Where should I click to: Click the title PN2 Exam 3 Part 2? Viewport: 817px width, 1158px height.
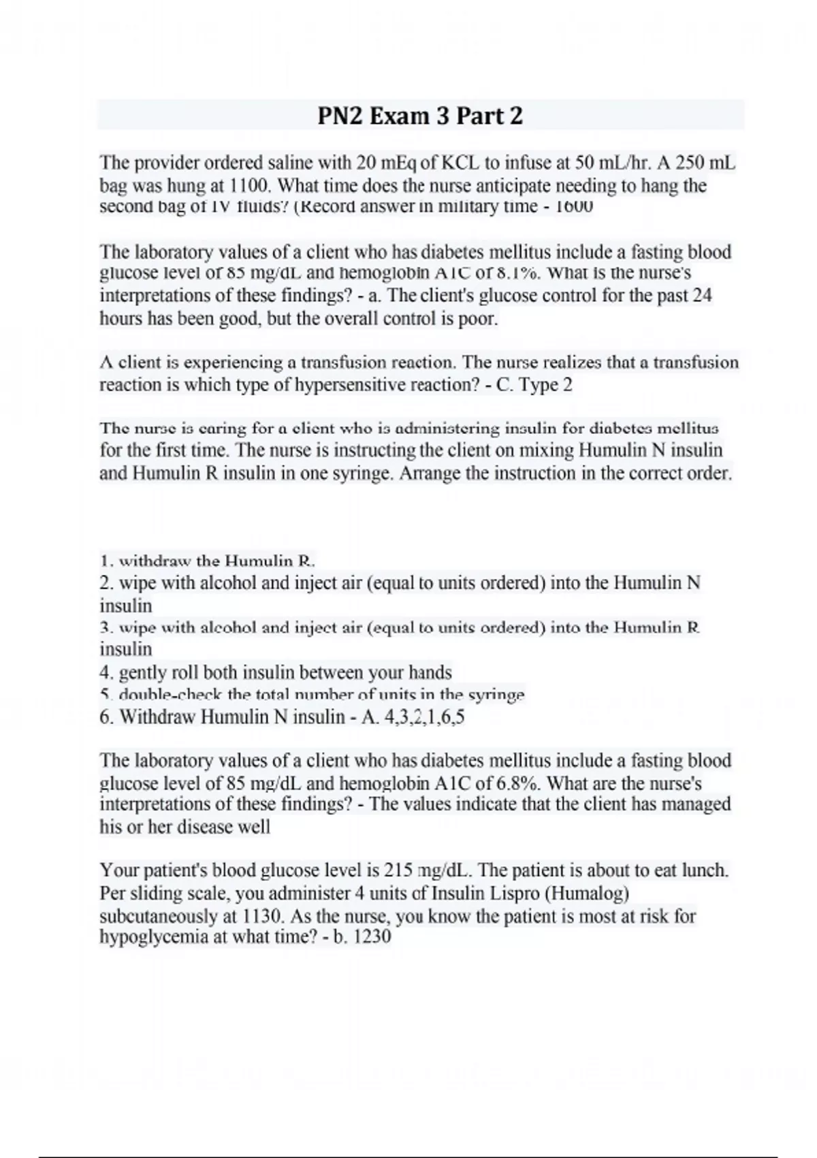point(420,116)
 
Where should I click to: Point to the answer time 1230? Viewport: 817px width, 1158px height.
point(373,937)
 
